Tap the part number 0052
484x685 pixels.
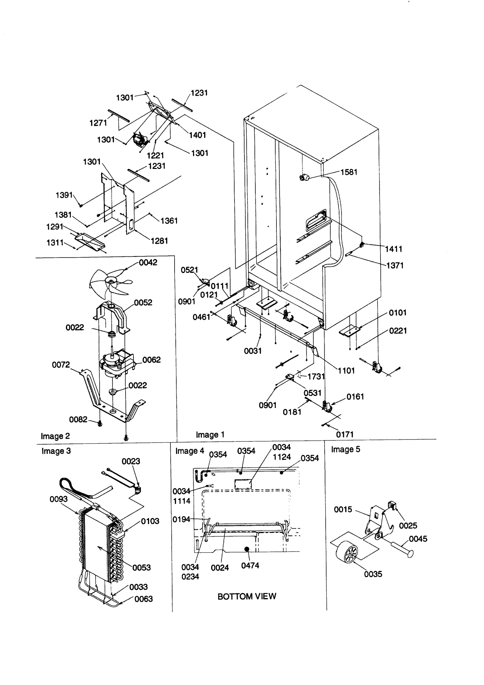[x=143, y=302]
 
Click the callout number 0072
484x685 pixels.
[x=61, y=365]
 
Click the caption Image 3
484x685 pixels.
[x=56, y=451]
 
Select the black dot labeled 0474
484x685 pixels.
[x=247, y=549]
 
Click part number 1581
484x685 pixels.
[x=349, y=172]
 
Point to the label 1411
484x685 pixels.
[x=394, y=249]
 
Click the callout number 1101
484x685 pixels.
[x=346, y=370]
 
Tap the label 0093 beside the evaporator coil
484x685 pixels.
[x=59, y=499]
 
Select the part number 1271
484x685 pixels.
[x=98, y=123]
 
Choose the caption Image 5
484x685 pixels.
[x=345, y=450]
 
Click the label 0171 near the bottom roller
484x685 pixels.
[x=345, y=435]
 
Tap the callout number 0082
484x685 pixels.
[x=78, y=420]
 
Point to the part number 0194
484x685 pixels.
[x=181, y=519]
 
